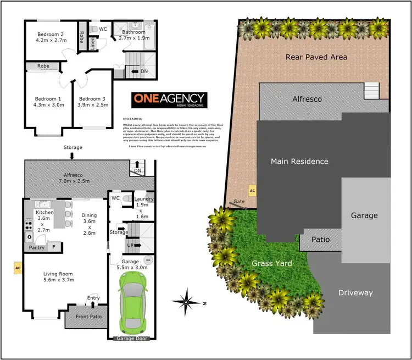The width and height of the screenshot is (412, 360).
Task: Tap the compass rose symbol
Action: point(187,302)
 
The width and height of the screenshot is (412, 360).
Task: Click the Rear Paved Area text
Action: point(316,57)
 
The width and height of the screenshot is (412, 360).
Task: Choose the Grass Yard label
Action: point(272,263)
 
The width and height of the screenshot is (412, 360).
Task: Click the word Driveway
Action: point(355,292)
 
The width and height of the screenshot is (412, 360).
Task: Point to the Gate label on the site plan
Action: point(239,202)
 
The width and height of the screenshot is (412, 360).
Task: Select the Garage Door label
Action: point(132,339)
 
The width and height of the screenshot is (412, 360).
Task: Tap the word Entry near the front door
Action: point(94,298)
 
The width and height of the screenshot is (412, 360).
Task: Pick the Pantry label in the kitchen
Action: point(37,247)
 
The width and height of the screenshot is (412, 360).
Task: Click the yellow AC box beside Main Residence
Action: point(253,191)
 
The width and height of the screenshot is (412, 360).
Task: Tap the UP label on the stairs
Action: point(130,245)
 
